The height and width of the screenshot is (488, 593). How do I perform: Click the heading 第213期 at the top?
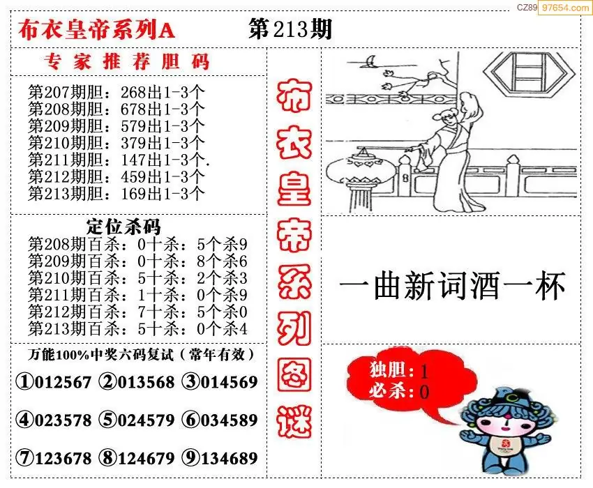coord(290,29)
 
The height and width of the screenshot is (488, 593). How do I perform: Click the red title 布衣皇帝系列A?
coord(96,30)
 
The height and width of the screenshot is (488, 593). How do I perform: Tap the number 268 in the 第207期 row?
coord(133,92)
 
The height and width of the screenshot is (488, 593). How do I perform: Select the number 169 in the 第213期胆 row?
coord(133,194)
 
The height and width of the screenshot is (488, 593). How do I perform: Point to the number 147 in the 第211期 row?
coord(133,160)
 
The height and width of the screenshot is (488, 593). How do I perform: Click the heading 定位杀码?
coord(123,227)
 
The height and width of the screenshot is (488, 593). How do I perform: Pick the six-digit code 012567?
coord(63,382)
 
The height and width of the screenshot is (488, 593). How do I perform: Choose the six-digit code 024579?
coord(146,420)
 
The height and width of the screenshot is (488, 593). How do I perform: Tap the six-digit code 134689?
coord(230,458)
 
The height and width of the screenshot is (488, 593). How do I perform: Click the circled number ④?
coord(25,420)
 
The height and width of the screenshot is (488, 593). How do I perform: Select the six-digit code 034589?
coord(230,420)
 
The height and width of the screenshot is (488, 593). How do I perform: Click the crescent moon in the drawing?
coord(370,61)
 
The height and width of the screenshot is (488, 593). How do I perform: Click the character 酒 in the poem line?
coord(485,286)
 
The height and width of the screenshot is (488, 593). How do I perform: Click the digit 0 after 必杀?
coord(424,392)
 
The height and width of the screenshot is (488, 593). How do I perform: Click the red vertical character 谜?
coord(294,421)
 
